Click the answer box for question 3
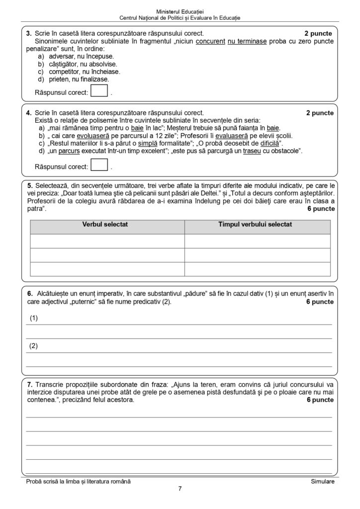tap(99, 91)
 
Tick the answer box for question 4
tap(99, 165)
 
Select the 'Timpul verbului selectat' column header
tap(255, 225)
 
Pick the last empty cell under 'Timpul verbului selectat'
tap(257, 268)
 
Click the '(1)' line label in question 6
tap(34, 318)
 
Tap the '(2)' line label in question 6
tap(34, 345)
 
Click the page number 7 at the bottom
tap(180, 489)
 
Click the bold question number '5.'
tap(30, 185)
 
